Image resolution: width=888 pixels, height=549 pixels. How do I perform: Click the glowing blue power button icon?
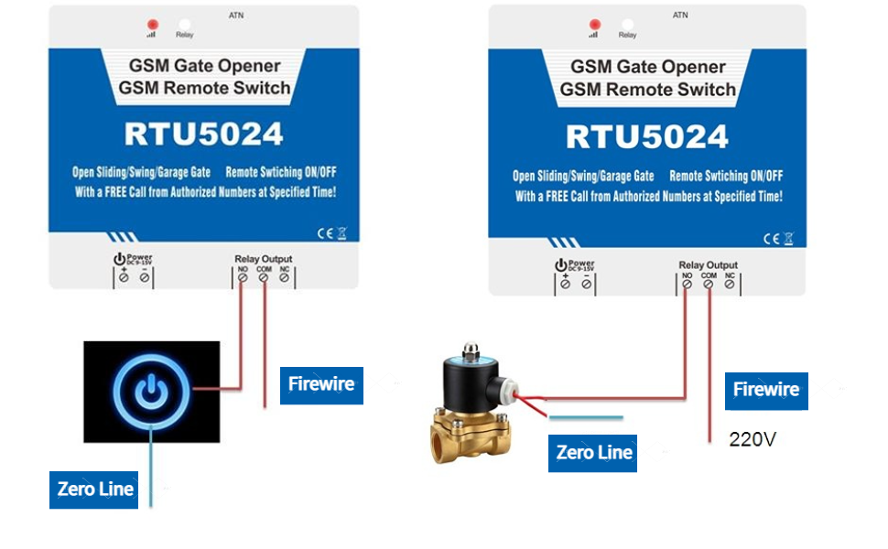click(x=151, y=392)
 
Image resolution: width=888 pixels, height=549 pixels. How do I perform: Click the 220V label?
click(x=753, y=439)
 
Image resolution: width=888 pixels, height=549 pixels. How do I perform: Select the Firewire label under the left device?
click(x=321, y=384)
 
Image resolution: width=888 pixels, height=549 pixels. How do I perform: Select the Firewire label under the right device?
click(x=766, y=390)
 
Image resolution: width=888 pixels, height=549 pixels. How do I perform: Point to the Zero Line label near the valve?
click(x=594, y=453)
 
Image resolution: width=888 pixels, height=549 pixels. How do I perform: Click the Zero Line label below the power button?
click(x=95, y=489)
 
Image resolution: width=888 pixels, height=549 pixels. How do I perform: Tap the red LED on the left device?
click(x=153, y=25)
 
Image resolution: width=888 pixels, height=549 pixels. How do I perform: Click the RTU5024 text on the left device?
click(x=204, y=135)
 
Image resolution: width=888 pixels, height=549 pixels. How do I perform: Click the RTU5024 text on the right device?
click(x=646, y=137)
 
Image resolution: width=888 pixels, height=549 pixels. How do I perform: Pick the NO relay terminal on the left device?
click(x=243, y=277)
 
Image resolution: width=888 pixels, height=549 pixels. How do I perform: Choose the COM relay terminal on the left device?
click(x=264, y=277)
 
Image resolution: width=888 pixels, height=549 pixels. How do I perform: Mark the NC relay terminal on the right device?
click(x=730, y=284)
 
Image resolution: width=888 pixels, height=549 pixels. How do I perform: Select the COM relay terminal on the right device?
click(x=709, y=284)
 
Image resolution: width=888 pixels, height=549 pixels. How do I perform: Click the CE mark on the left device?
click(x=323, y=233)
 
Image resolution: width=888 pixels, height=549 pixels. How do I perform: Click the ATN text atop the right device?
click(x=680, y=16)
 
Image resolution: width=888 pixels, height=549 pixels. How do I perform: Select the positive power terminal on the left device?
click(x=124, y=277)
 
